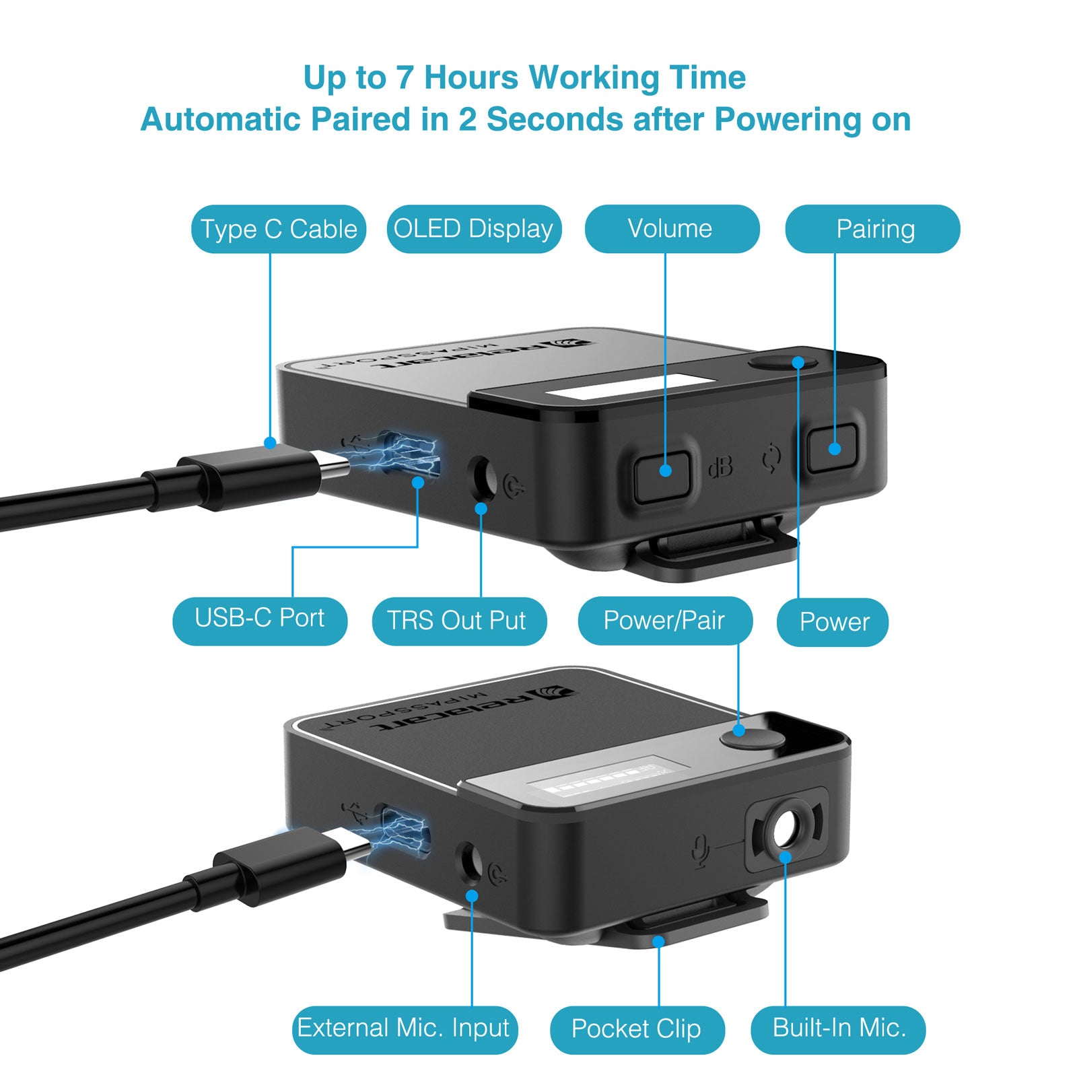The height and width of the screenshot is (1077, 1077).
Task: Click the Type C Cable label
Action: [x=279, y=229]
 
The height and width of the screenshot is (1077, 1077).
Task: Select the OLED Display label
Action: [x=474, y=229]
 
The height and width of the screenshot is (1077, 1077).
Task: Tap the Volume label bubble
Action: [x=672, y=229]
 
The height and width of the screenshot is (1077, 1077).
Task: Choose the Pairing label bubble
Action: [x=872, y=229]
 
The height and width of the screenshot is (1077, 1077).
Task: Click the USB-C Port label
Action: [x=260, y=621]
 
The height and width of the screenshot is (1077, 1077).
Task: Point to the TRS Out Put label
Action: [x=459, y=621]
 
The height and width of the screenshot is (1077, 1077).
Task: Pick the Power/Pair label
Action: [x=665, y=621]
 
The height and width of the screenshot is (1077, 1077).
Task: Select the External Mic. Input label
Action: [x=405, y=1030]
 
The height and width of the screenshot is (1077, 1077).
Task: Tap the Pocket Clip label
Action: [x=637, y=1030]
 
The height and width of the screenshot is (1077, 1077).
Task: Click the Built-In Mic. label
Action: [x=838, y=1030]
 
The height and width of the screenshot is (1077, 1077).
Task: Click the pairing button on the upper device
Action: [x=832, y=448]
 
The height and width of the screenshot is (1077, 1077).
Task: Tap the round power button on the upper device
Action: [x=782, y=362]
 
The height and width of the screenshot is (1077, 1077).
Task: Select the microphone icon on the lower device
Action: [x=701, y=851]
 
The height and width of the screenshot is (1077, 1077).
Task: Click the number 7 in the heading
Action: [x=404, y=77]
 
